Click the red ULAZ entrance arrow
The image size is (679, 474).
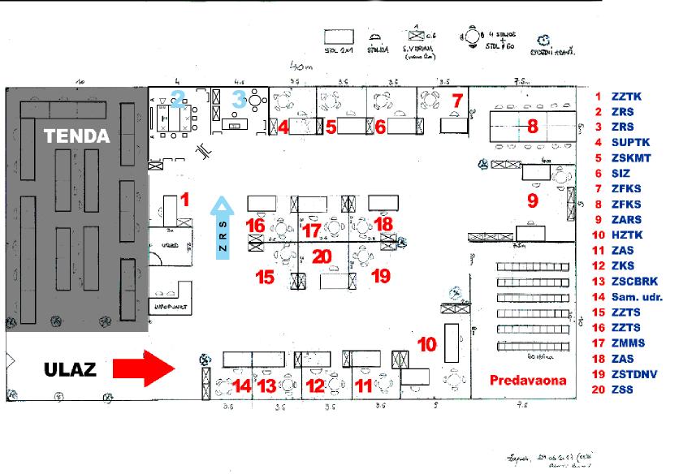[x=144, y=368]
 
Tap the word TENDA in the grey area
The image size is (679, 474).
[x=76, y=136]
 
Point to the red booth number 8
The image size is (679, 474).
[x=533, y=127]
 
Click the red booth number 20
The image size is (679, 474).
[x=322, y=256]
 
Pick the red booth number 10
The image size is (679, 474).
[x=426, y=344]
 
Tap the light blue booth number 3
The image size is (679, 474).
[x=238, y=99]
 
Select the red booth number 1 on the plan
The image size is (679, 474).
[x=184, y=199]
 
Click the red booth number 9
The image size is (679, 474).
[x=533, y=200]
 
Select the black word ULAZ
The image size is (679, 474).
[x=70, y=370]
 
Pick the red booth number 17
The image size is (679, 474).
[x=312, y=230]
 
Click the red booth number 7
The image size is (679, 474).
[x=456, y=101]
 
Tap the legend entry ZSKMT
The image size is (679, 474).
[x=632, y=158]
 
